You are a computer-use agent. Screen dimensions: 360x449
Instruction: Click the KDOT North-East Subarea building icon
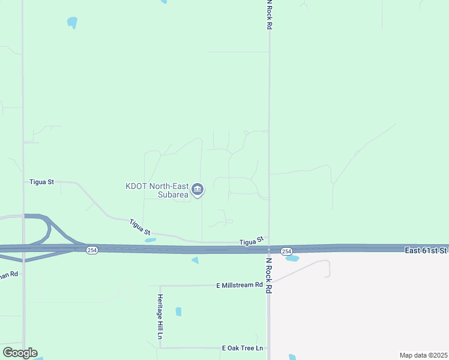[x=198, y=190]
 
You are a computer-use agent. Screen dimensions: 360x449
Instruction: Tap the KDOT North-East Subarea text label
[x=157, y=190]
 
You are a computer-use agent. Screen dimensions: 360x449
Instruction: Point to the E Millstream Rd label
[x=240, y=286]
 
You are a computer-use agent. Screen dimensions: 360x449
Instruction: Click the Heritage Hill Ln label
[x=160, y=317]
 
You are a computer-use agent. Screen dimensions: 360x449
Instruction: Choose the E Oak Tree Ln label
[x=243, y=348]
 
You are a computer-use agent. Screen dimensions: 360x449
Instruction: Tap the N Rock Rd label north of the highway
[x=270, y=14]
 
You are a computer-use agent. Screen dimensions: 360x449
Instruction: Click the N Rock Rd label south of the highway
[x=270, y=275]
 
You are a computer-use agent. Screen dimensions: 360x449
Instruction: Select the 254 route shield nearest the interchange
[x=91, y=250]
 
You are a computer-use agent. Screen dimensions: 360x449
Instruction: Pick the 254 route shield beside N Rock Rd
[x=286, y=251]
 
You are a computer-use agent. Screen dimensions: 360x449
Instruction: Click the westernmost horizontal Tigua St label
[x=41, y=181]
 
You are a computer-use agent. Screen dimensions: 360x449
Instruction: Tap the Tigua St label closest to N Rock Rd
[x=252, y=241]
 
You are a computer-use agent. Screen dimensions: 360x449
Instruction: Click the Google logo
[x=19, y=353]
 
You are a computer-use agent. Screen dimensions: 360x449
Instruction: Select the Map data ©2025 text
[x=423, y=355]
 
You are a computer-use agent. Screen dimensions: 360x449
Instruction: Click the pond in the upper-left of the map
[x=73, y=23]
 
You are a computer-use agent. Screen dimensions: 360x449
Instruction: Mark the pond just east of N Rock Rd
[x=292, y=259]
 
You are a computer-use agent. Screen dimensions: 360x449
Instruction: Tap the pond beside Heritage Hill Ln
[x=178, y=311]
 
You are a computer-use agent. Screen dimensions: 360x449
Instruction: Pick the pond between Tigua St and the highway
[x=150, y=240]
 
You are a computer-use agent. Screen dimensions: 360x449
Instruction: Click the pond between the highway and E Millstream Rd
[x=194, y=260]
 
